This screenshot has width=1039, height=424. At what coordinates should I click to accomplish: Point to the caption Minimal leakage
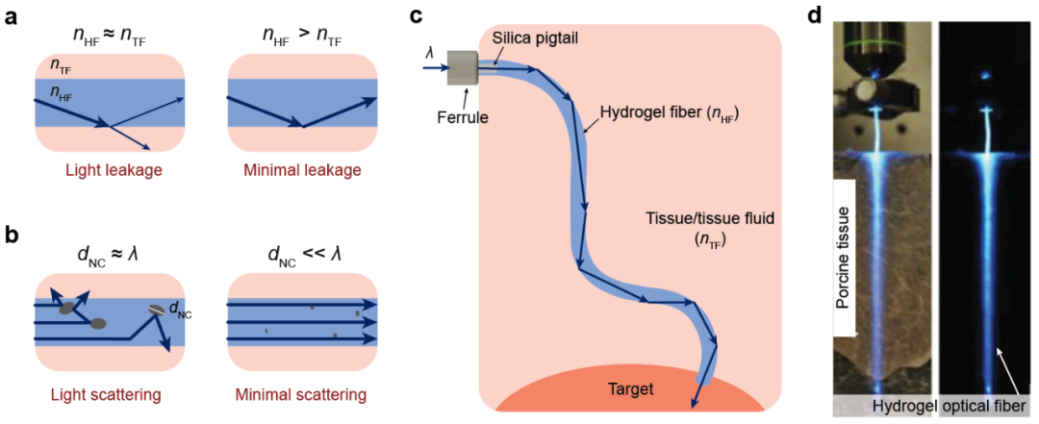(x=302, y=170)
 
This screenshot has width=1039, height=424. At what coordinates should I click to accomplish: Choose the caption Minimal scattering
(x=302, y=394)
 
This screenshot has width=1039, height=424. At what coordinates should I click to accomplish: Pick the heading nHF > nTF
(x=302, y=36)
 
